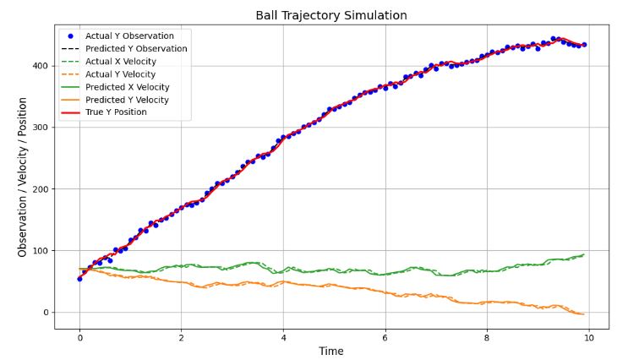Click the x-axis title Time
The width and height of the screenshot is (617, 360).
[331, 351]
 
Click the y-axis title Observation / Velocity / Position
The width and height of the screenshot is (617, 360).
[22, 177]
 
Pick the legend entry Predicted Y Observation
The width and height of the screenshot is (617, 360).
[136, 49]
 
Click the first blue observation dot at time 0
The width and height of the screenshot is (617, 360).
[79, 278]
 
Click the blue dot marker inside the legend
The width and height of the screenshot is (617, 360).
[70, 36]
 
